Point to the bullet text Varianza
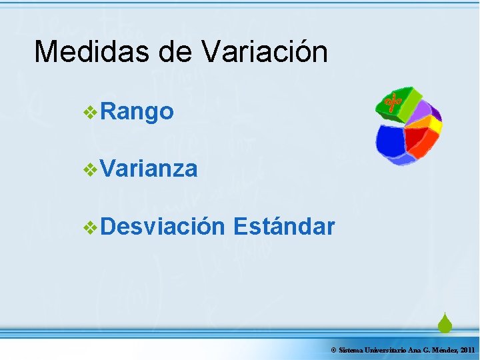(x=149, y=169)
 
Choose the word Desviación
(x=163, y=227)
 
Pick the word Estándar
(x=284, y=227)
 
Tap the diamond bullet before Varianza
(x=91, y=170)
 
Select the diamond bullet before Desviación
(x=91, y=227)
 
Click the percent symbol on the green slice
(x=391, y=103)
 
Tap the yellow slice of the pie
(x=435, y=125)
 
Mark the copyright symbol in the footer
(x=333, y=350)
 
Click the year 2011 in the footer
(x=467, y=350)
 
